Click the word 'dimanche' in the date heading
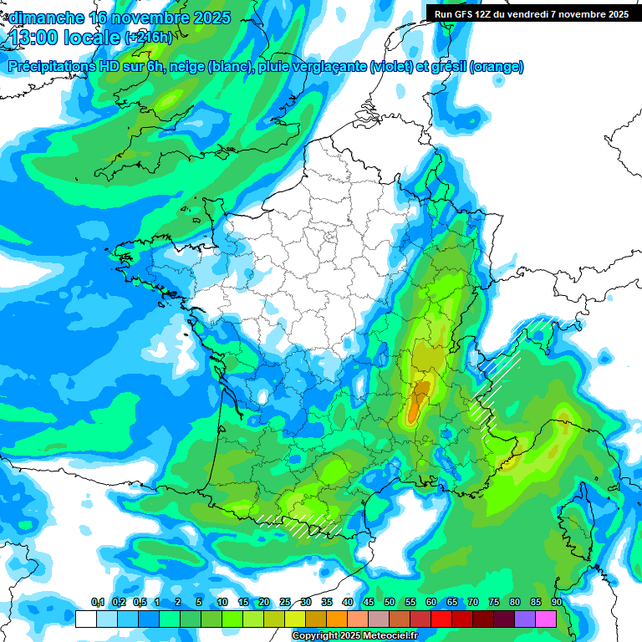pyautogui.click(x=47, y=18)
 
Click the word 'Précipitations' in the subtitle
pyautogui.click(x=51, y=67)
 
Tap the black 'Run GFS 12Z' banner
pyautogui.click(x=533, y=13)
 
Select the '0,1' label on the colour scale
pyautogui.click(x=98, y=603)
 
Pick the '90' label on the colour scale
pyautogui.click(x=556, y=603)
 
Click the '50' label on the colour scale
pyautogui.click(x=390, y=603)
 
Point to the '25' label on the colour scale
pyautogui.click(x=285, y=603)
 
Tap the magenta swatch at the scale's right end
pyautogui.click(x=546, y=619)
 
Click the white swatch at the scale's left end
pyautogui.click(x=85, y=619)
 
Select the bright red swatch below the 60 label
pyautogui.click(x=441, y=619)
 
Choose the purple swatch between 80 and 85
pyautogui.click(x=525, y=619)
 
